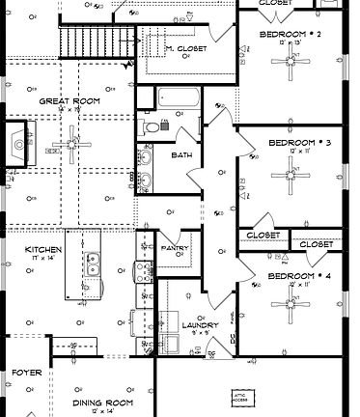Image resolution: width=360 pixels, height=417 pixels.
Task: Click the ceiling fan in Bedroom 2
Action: pos(291,65)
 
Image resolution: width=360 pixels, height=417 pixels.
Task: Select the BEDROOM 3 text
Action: pos(298,143)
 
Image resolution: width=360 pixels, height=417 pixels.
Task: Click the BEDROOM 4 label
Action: pos(297,276)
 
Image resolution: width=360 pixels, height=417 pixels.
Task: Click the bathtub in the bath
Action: pos(180,98)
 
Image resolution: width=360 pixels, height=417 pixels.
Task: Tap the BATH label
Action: pos(181,155)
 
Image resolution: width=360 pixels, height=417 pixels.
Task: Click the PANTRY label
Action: pos(175,248)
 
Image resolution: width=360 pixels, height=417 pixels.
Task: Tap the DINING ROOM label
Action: pos(101,403)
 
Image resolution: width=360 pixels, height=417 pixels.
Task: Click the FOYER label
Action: pos(27,372)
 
